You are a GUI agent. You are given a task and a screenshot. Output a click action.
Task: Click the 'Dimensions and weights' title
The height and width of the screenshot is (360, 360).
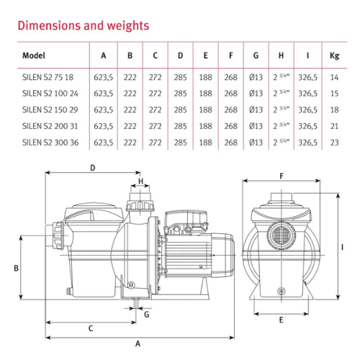pyautogui.click(x=84, y=26)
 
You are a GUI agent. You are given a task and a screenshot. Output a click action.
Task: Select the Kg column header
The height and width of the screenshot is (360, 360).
pyautogui.click(x=334, y=55)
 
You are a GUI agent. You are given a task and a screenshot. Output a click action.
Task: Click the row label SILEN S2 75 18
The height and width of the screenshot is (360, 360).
pyautogui.click(x=48, y=77)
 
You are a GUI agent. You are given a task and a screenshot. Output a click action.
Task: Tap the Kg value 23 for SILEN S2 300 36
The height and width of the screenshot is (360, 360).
pyautogui.click(x=334, y=143)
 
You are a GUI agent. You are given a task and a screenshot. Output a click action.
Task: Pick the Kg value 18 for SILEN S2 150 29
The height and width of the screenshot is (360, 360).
pyautogui.click(x=334, y=110)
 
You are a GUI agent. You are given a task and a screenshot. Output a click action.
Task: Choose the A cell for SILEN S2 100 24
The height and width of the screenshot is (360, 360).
pyautogui.click(x=104, y=94)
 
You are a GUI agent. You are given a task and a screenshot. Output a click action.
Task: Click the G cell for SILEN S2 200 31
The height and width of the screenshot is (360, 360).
pyautogui.click(x=256, y=126)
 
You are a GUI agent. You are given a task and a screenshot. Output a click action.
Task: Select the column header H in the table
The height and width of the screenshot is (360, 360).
pyautogui.click(x=281, y=55)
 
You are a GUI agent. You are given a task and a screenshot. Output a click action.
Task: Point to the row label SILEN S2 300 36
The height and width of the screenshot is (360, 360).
pyautogui.click(x=50, y=143)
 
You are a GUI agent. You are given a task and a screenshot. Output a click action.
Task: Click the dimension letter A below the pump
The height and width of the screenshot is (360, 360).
pyautogui.click(x=138, y=343)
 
